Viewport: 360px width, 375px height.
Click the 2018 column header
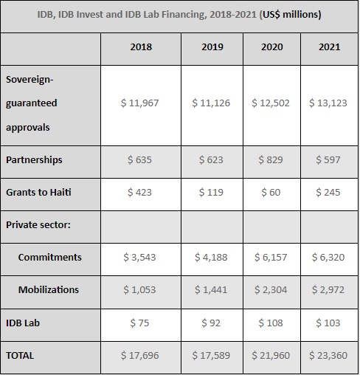[141, 47]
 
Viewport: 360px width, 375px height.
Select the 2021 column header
[330, 47]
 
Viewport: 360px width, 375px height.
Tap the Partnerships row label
[34, 160]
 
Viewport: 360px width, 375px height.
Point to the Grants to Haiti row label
[38, 192]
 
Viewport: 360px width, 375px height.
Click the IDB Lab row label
[23, 323]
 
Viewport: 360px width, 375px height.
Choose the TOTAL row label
[20, 356]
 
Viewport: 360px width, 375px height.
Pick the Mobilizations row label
[49, 289]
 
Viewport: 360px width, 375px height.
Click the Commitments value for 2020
[271, 257]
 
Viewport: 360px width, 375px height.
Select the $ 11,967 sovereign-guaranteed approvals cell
[139, 103]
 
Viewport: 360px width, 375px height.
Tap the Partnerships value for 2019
[211, 160]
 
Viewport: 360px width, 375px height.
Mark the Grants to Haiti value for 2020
[271, 192]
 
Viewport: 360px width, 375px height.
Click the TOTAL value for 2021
[328, 356]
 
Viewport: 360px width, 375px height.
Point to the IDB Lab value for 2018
[139, 323]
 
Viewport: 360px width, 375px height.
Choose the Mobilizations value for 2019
[211, 289]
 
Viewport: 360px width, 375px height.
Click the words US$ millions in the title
[291, 14]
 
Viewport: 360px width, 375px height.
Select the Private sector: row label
[38, 224]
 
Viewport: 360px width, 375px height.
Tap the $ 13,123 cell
[328, 103]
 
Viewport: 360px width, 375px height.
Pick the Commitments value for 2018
[139, 257]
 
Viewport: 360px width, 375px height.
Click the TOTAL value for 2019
[211, 356]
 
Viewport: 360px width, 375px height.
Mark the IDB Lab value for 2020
[271, 323]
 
